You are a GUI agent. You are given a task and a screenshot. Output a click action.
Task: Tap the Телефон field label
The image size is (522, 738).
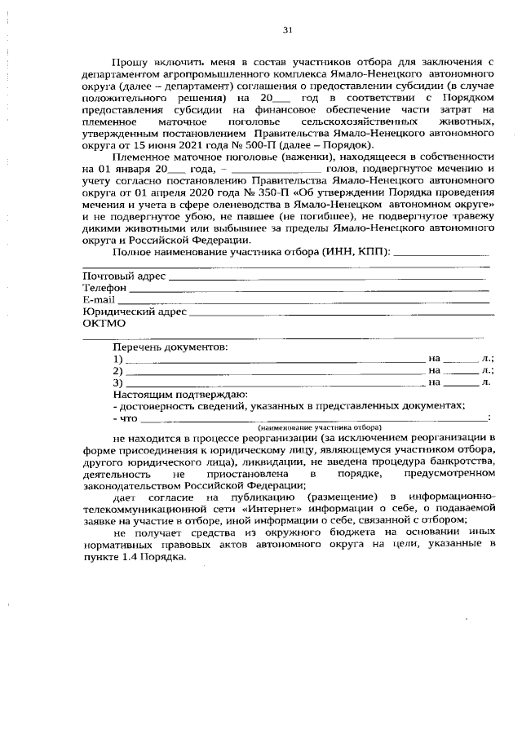(x=105, y=288)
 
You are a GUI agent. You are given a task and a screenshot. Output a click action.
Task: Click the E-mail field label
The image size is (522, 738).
(x=99, y=299)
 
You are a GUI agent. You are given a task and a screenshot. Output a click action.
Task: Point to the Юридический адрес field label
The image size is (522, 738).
(x=135, y=311)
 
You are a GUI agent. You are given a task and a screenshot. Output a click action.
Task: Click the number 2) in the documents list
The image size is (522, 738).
(x=118, y=369)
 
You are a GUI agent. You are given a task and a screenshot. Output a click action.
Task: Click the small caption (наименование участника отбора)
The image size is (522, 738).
(x=320, y=426)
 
